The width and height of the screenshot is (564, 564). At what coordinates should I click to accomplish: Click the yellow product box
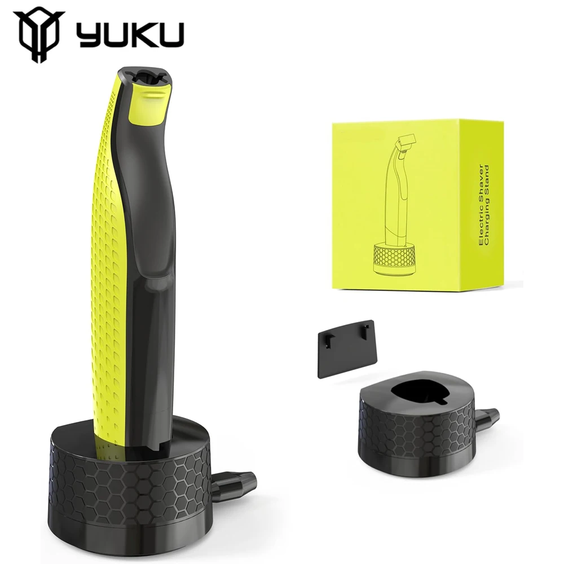(418, 205)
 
